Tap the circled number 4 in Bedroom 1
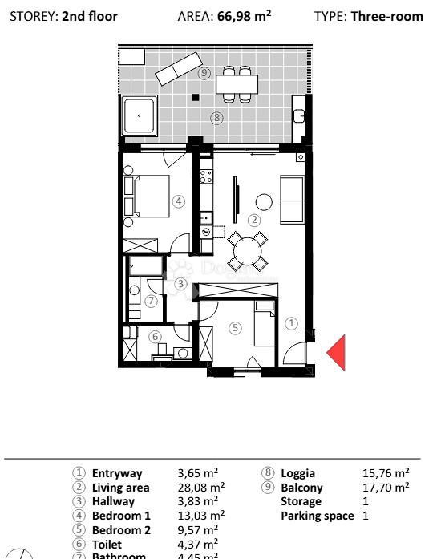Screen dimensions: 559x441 (179, 201)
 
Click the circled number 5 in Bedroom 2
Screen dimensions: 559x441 (234, 327)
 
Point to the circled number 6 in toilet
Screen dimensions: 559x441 (156, 337)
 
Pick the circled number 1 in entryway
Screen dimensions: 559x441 (292, 323)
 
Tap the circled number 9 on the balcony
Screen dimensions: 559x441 (204, 73)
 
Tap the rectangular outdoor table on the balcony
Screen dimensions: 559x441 (237, 83)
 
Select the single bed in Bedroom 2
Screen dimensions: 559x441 (264, 324)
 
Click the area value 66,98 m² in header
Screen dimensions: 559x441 (244, 16)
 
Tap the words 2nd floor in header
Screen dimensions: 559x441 (89, 16)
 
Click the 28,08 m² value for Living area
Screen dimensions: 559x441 (200, 487)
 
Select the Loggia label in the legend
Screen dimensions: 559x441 (297, 473)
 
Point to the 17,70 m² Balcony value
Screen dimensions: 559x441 (386, 487)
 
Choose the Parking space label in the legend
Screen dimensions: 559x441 (317, 515)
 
